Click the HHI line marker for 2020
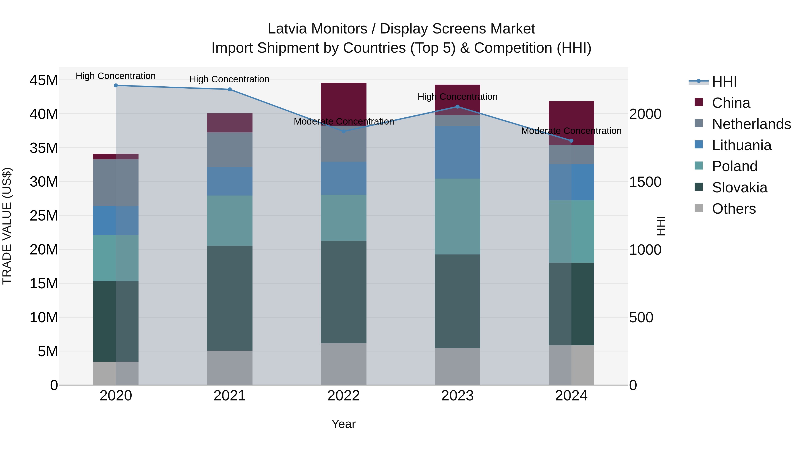[116, 85]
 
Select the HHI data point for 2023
[457, 107]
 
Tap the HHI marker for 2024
[571, 141]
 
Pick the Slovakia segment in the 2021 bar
[230, 298]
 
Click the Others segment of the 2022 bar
[344, 364]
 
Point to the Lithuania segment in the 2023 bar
[457, 152]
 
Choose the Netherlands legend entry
[751, 124]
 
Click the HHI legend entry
[724, 82]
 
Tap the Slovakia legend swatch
[699, 187]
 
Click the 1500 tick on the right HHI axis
[645, 182]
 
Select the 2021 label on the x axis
[230, 396]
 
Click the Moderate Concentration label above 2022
[344, 121]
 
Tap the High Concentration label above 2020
[116, 76]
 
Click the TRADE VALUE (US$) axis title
[7, 226]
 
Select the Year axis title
[344, 424]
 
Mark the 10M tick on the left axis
[44, 318]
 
